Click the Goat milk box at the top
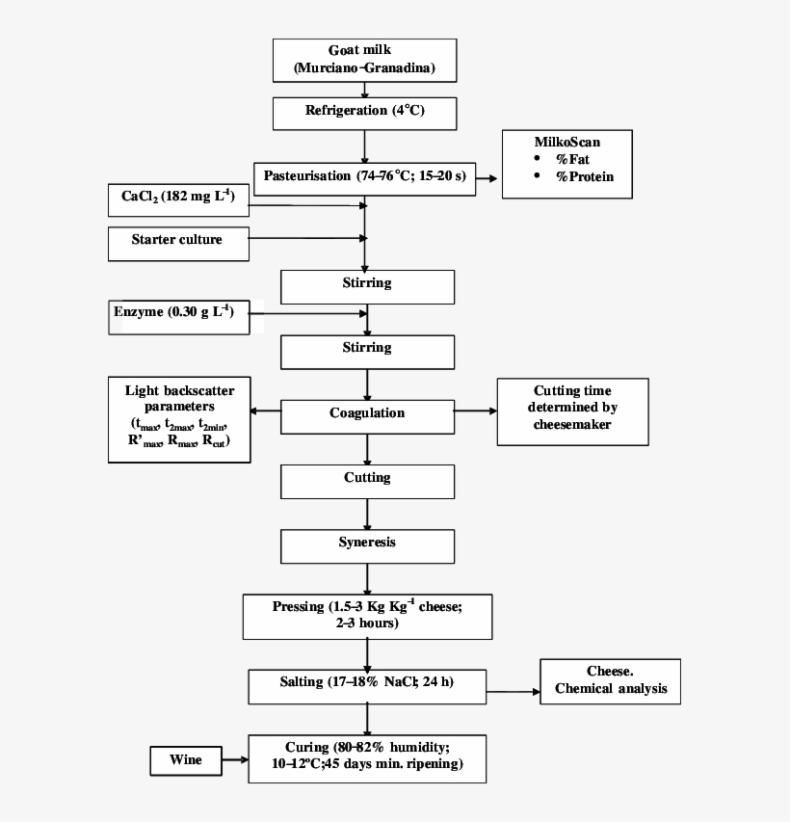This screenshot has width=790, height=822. coord(364,59)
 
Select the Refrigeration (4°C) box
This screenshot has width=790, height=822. coord(364,112)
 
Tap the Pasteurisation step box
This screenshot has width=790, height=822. coord(364,177)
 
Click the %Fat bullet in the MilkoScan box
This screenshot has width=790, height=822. coord(572,159)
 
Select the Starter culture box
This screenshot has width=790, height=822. coord(177,241)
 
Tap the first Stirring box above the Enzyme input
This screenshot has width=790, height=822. coord(366,285)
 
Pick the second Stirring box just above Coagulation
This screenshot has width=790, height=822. coord(366,350)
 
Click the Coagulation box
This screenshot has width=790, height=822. coord(366,414)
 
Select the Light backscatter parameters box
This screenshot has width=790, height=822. coord(178,419)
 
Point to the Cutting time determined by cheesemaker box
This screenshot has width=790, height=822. coord(572,411)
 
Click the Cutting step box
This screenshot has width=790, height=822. coord(366,480)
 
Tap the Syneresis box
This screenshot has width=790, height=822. coord(366,544)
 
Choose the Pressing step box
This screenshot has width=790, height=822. coord(366,616)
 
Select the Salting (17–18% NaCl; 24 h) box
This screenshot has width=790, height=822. coord(366,684)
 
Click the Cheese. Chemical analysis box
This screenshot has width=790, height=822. coord(610,681)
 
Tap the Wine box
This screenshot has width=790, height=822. coord(185,761)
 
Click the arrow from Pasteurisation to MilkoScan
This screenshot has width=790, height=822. coord(488,179)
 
